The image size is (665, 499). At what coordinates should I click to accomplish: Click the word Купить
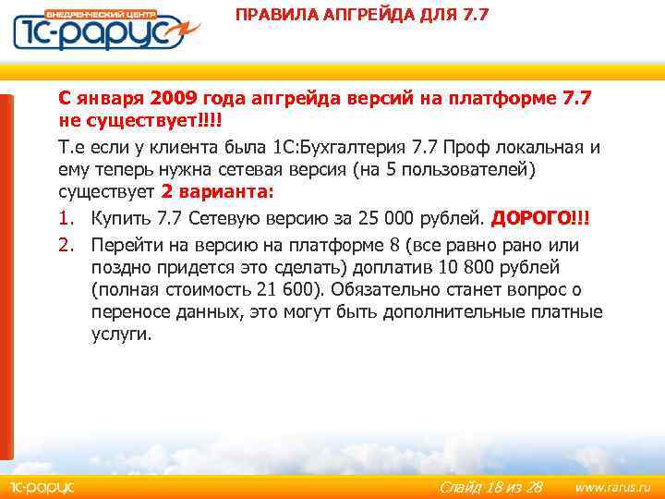[121, 219]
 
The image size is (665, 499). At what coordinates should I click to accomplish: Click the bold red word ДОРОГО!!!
[540, 219]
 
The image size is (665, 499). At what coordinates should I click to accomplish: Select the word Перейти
[126, 244]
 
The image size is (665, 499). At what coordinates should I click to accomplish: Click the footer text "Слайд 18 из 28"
[490, 487]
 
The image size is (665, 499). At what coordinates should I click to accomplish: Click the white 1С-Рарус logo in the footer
[41, 487]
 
